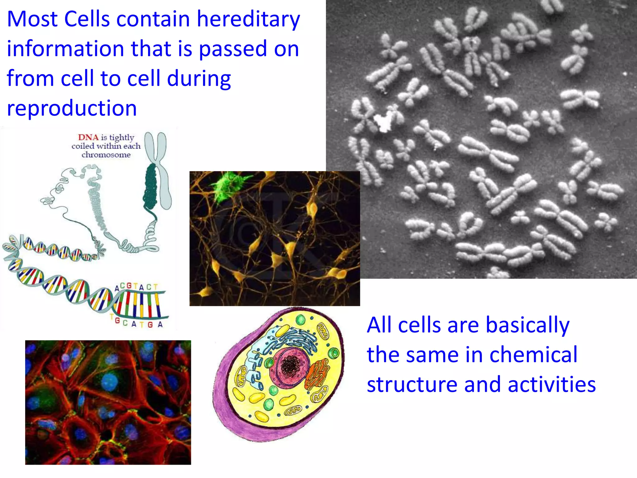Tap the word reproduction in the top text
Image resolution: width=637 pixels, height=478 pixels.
point(72,108)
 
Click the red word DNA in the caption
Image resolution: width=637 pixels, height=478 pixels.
point(88,137)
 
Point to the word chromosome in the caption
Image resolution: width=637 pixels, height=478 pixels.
point(106,155)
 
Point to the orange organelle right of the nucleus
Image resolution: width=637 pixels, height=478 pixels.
point(317,373)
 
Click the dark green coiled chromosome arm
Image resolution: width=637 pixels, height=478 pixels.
point(151,187)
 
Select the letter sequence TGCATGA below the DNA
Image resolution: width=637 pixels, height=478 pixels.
point(137,323)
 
